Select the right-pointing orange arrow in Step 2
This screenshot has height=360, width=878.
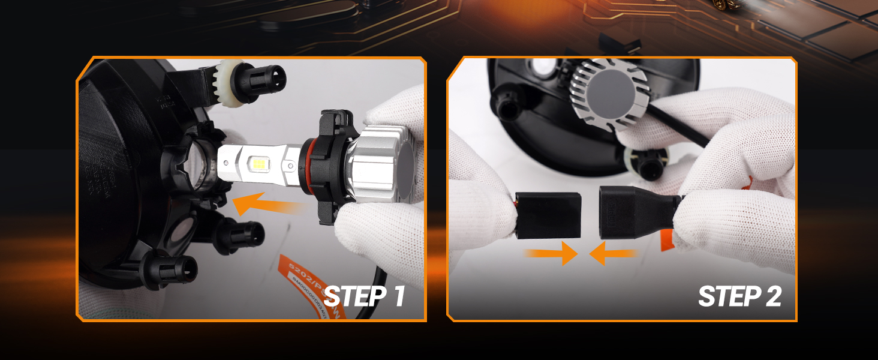[551, 253]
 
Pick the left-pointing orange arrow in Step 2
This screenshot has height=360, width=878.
[613, 253]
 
